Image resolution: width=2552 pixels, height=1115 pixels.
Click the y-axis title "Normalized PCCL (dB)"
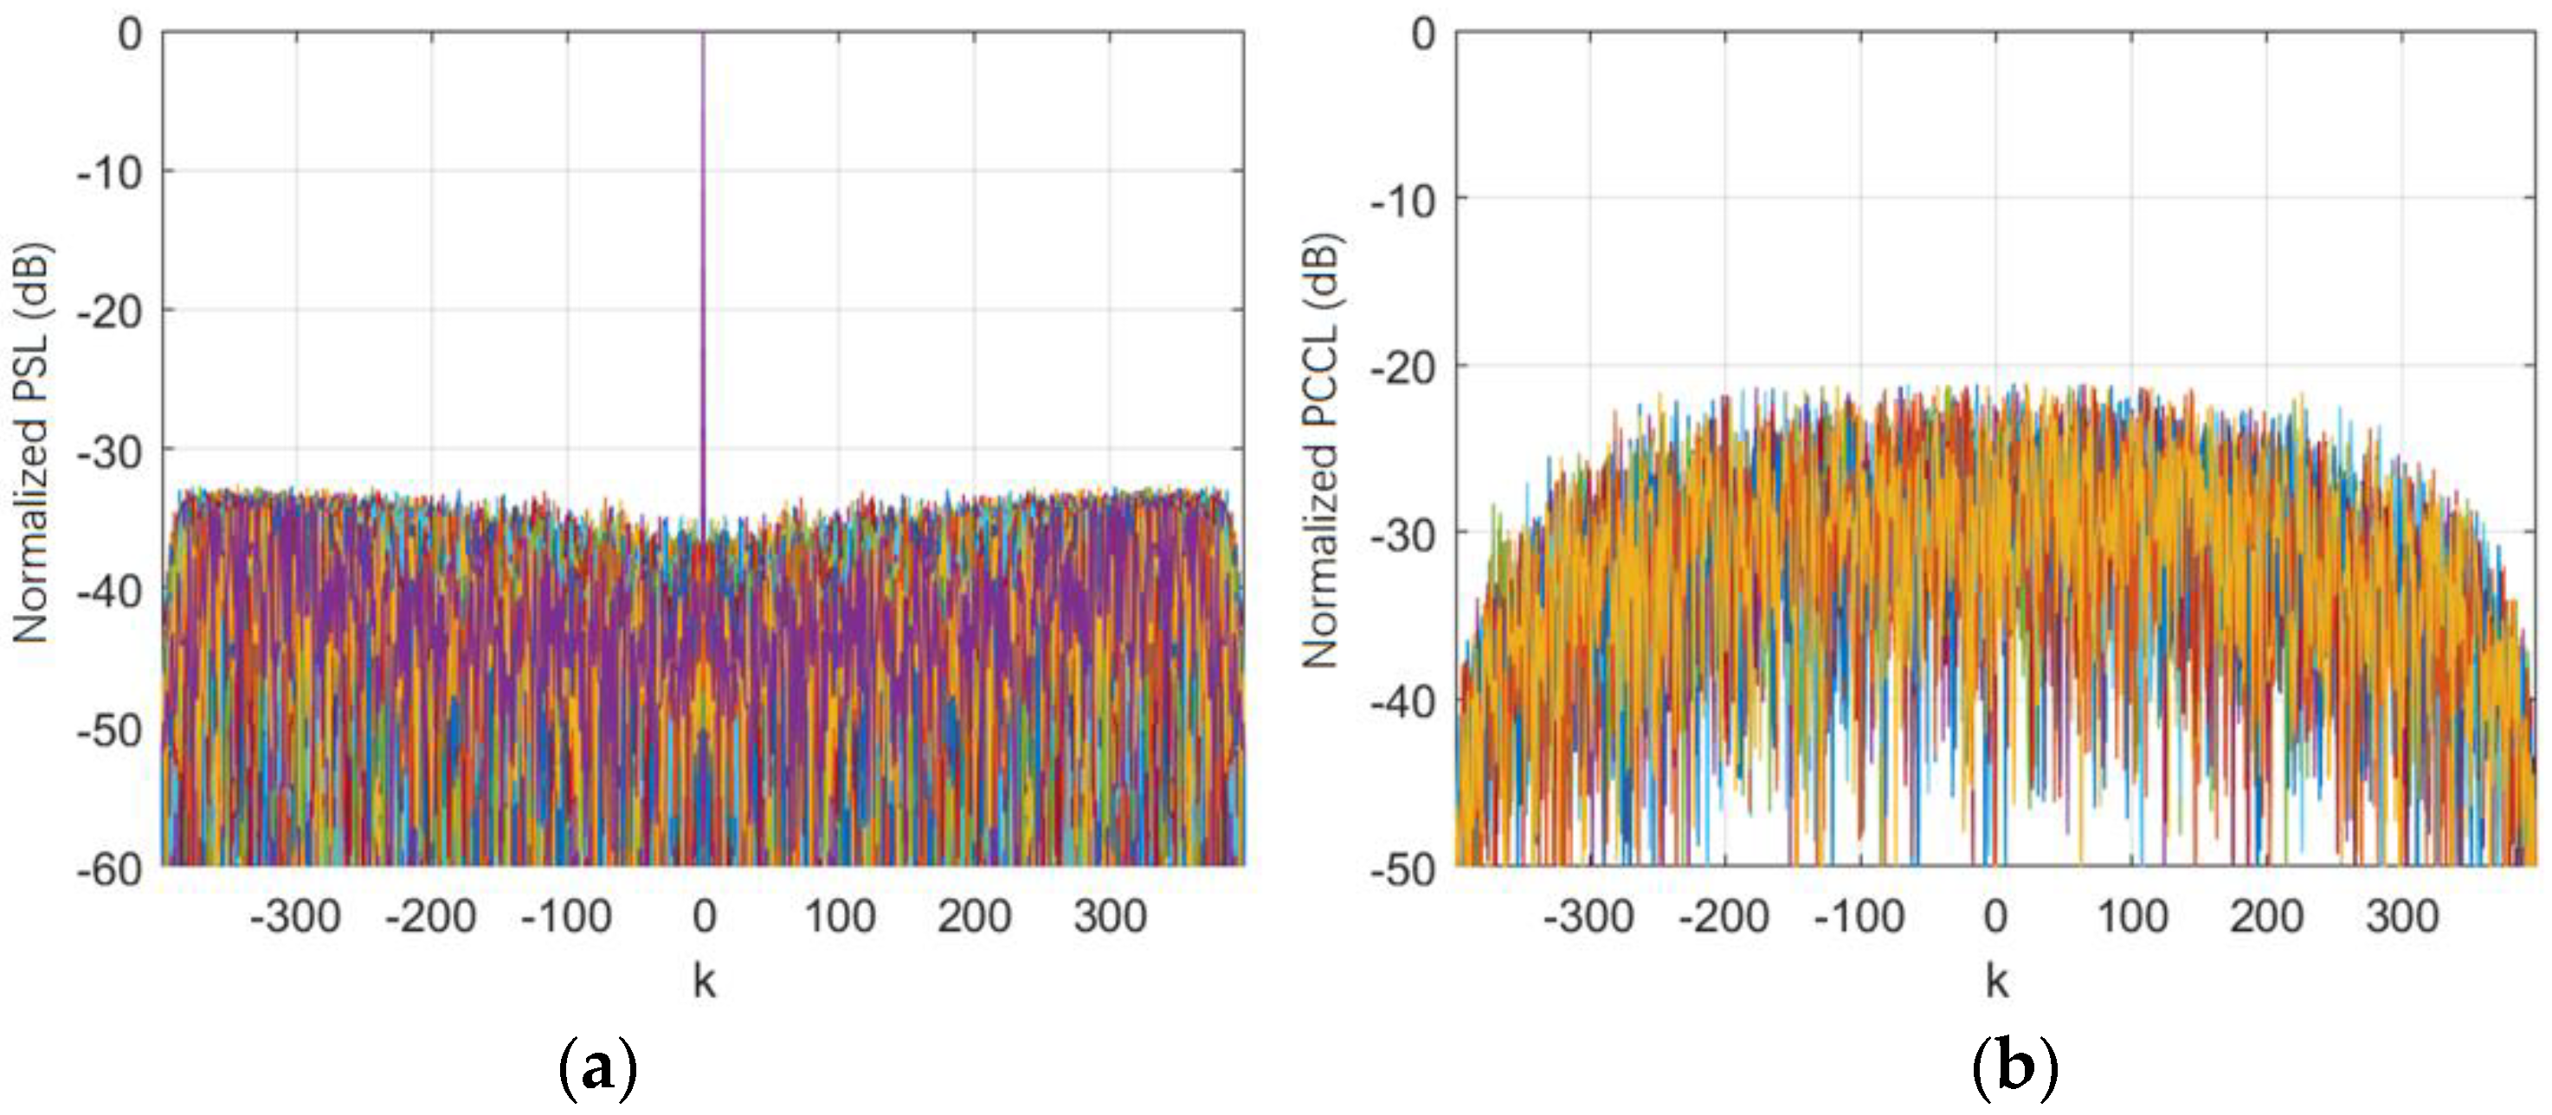point(1319,451)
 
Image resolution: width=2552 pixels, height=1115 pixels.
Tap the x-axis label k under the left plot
point(704,980)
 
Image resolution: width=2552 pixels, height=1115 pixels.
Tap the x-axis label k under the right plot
point(1996,980)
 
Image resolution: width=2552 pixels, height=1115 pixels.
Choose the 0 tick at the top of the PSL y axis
point(130,35)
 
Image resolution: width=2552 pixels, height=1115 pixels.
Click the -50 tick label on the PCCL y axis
point(1402,869)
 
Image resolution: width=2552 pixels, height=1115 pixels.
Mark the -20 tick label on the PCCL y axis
point(1402,368)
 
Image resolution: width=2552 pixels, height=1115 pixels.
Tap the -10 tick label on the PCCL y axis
point(1402,201)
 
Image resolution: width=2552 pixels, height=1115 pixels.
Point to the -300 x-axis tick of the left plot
point(295,916)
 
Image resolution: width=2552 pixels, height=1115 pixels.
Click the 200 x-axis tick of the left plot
point(974,916)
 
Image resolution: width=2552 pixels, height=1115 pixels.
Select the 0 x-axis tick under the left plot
point(705,916)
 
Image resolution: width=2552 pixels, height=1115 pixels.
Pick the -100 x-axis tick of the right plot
point(1859,916)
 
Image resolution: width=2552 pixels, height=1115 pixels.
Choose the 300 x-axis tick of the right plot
point(2402,916)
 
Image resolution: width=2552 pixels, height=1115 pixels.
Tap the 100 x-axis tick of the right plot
point(2132,916)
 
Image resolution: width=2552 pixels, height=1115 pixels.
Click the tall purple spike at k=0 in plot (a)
point(704,247)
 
